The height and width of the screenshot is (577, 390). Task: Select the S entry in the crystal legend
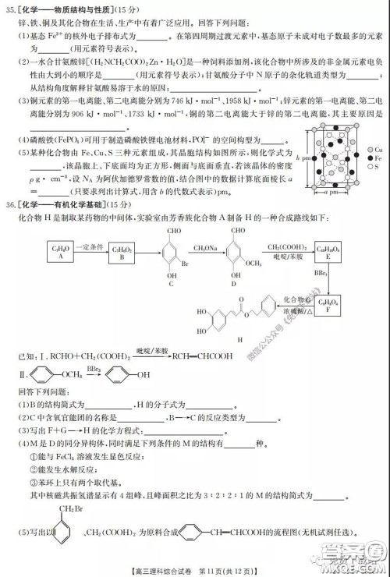[374, 167]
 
